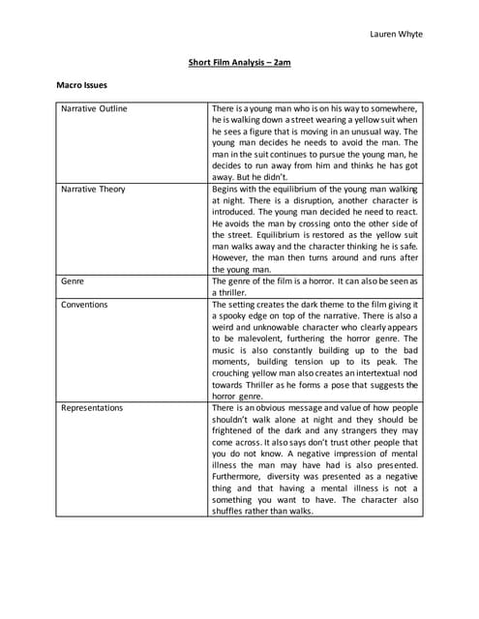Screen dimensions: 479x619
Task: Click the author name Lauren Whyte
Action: pos(396,35)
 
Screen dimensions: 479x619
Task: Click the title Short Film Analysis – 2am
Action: pos(239,63)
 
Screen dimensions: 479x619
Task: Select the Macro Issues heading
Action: pos(80,86)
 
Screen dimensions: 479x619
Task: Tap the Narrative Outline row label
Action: pos(94,108)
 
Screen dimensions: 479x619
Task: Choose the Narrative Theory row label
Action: pos(93,190)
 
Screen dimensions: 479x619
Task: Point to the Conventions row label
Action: pos(84,305)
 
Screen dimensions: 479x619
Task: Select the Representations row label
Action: pos(92,408)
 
